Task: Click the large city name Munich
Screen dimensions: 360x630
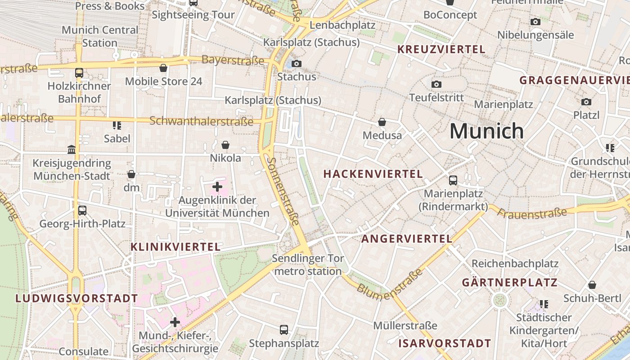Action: [486, 131]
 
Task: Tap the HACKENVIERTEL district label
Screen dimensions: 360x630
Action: [373, 174]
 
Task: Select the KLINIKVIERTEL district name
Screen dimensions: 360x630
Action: [175, 247]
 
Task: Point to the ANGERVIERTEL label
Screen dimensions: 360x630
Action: [407, 239]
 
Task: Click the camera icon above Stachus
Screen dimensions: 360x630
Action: [297, 63]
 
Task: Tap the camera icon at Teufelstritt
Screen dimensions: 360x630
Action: [436, 84]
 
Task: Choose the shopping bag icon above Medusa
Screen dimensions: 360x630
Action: [382, 122]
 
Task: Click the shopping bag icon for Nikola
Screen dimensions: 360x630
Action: [225, 145]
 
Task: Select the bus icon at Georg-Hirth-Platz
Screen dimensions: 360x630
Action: [82, 210]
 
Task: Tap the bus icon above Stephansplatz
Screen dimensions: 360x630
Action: [284, 329]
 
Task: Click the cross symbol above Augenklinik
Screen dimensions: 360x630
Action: [217, 186]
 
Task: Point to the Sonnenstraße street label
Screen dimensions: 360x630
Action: [283, 191]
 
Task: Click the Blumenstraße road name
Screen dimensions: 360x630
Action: [390, 282]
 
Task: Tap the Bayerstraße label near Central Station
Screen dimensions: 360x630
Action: [233, 60]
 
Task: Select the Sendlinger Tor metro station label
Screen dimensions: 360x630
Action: [308, 265]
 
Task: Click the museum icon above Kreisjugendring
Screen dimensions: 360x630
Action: [72, 149]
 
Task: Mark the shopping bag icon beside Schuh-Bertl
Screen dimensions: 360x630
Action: [592, 285]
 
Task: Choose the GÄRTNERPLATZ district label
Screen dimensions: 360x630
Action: [509, 283]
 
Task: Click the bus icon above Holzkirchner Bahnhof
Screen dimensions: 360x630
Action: [79, 72]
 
